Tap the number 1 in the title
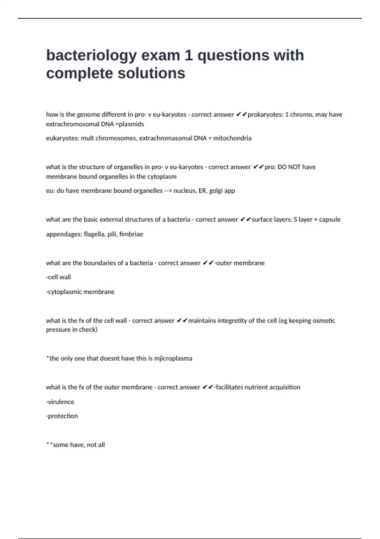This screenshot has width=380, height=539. [x=188, y=55]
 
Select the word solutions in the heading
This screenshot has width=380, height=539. [x=151, y=74]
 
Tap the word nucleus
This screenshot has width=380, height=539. [x=185, y=191]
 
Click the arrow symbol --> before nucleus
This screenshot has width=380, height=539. [x=168, y=191]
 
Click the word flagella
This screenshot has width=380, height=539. [x=94, y=234]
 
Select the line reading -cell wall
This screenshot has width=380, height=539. [x=59, y=277]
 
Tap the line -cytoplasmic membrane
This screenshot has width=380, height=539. [x=80, y=292]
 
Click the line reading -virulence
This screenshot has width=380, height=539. [x=60, y=402]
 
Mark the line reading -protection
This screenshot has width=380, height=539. [x=62, y=416]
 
